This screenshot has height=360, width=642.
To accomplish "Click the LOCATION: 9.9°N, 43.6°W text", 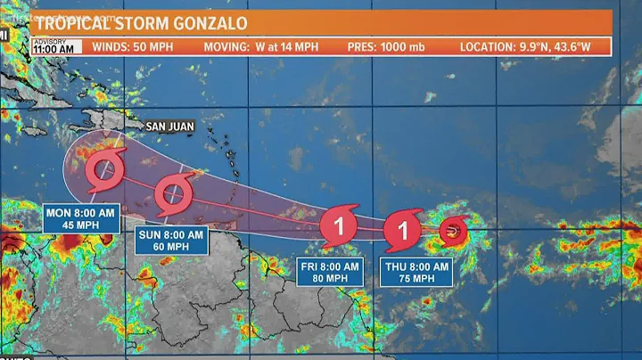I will point(525,46).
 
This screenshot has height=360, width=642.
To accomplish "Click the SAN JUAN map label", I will point(171,127).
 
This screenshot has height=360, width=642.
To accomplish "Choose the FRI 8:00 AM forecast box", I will point(330,272).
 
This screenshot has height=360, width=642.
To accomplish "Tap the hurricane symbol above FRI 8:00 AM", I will point(339,225).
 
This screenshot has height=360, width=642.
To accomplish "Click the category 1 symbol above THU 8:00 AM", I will point(403,231).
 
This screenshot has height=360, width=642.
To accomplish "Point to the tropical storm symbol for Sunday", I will point(171,193).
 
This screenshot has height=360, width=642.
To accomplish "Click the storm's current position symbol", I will point(452,232).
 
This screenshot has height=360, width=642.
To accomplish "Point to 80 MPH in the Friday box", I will point(330,279).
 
